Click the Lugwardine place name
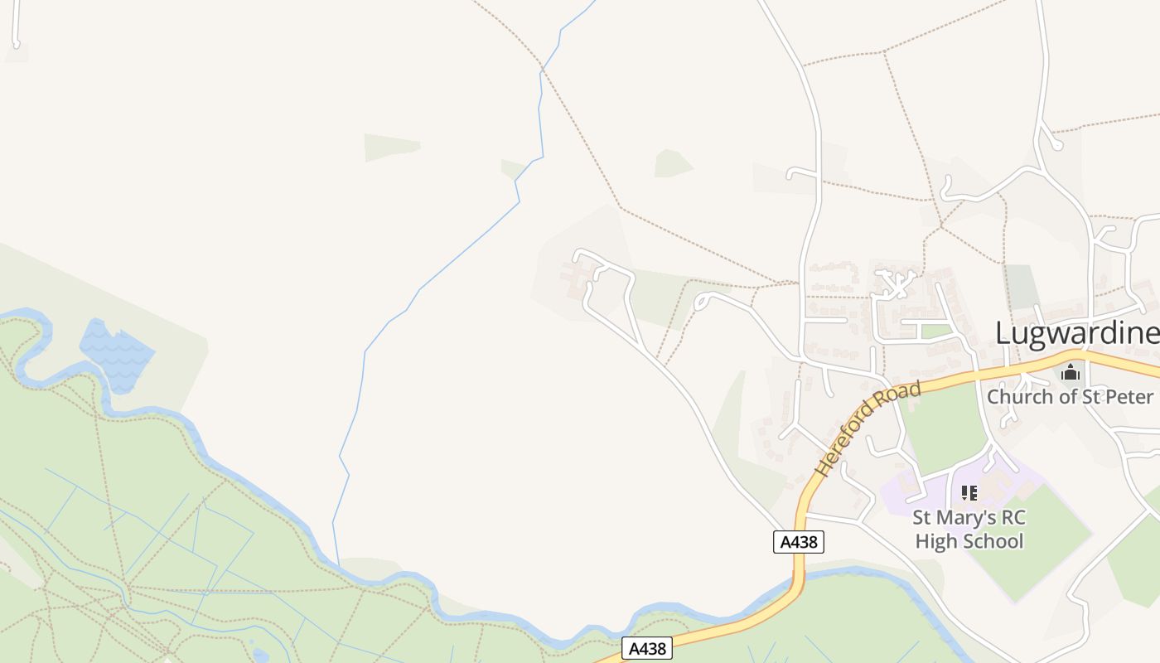tap(1076, 333)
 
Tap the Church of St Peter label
tap(1069, 396)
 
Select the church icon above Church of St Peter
tap(1071, 372)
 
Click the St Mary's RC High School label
tap(969, 530)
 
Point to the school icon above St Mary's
tap(969, 494)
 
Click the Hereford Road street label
tap(868, 428)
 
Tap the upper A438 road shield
tap(799, 542)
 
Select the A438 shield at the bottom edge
tap(646, 648)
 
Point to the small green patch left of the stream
tap(391, 147)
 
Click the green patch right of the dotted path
tap(672, 163)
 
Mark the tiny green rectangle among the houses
tap(936, 331)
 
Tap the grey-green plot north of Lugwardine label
tap(1021, 287)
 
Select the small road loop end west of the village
tap(700, 302)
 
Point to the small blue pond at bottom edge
tap(260, 655)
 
